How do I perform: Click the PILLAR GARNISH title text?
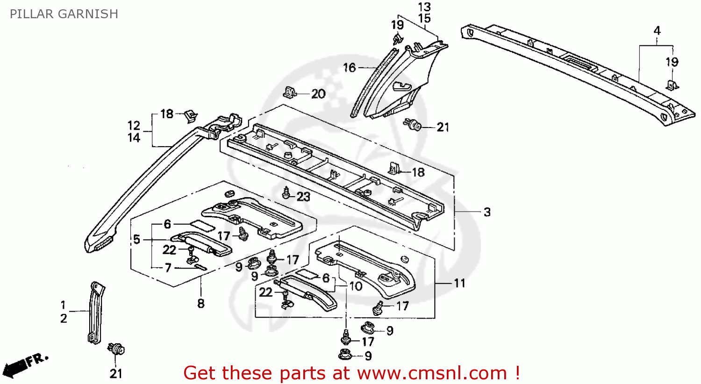pos(64,14)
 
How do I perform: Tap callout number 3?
pos(487,212)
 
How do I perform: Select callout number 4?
pos(657,31)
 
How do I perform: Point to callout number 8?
pos(201,304)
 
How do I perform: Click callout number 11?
pos(459,283)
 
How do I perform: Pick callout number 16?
pos(349,68)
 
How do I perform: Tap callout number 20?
pos(318,94)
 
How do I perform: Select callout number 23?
pos(303,197)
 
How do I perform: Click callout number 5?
pos(136,240)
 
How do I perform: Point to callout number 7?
pos(168,268)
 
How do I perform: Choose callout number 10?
pos(356,286)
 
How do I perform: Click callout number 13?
pos(424,7)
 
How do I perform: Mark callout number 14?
pos(134,138)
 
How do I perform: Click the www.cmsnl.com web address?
pos(432,373)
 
